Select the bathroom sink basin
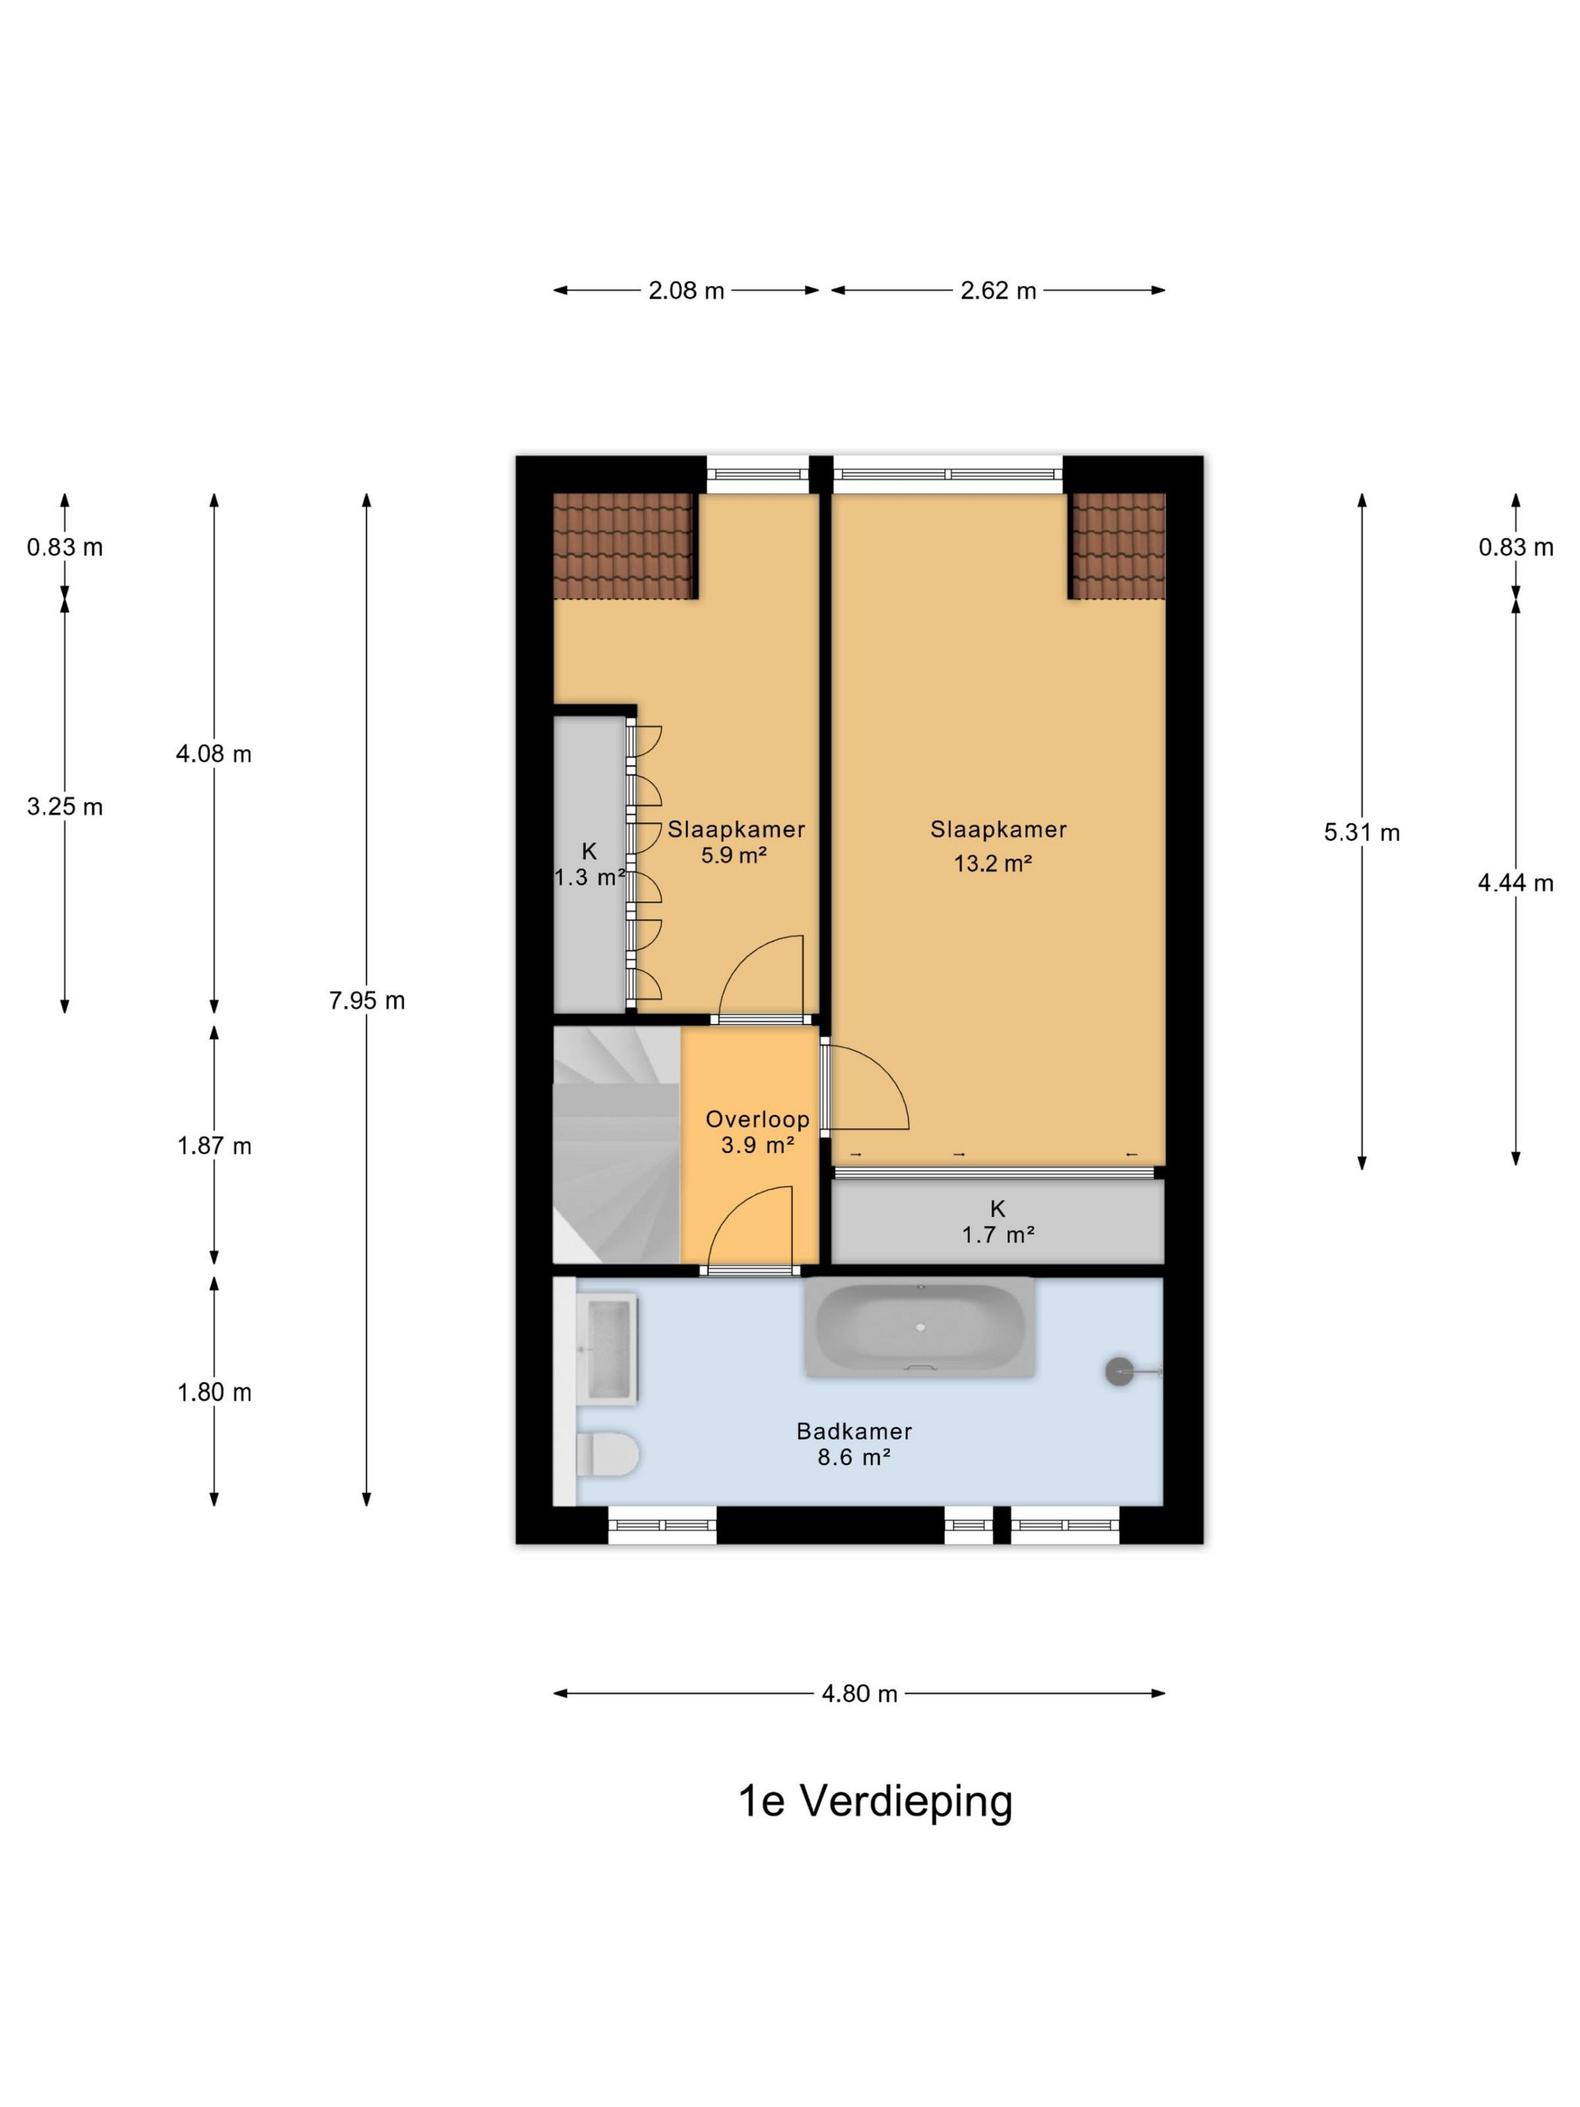pos(608,1348)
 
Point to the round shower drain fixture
pos(1120,1372)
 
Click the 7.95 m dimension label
pos(366,1000)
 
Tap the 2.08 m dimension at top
pos(685,290)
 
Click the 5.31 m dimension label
pos(1361,832)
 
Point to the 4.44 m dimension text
pos(1515,883)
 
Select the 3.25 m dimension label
pos(65,807)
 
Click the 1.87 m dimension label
pos(214,1145)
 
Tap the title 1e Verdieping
pos(875,1801)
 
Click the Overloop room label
pos(757,1119)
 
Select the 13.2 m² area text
pos(993,863)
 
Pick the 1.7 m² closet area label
pos(998,1235)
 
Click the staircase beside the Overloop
pos(616,1145)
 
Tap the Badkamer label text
pos(854,1431)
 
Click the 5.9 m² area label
pos(734,856)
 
